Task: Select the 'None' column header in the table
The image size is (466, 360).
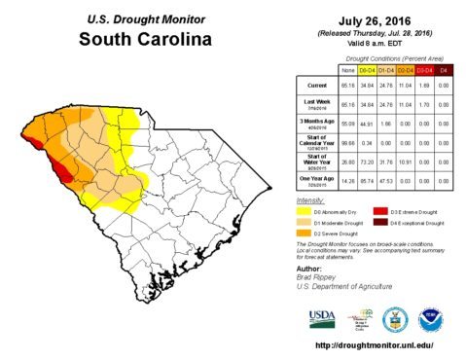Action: [347, 71]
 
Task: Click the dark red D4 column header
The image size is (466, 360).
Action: [445, 71]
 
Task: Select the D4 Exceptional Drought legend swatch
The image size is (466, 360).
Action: [382, 222]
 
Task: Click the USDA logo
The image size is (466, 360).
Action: [321, 317]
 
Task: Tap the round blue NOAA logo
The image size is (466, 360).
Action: [430, 318]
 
